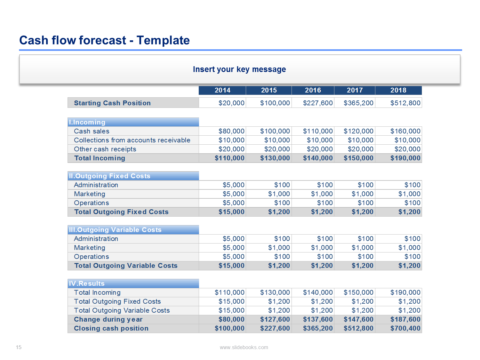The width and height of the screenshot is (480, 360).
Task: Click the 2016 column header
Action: (x=313, y=90)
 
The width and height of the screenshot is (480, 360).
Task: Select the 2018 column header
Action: (x=398, y=90)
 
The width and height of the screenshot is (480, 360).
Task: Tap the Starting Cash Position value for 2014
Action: (x=231, y=103)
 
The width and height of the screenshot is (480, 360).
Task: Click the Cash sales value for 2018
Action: (x=405, y=131)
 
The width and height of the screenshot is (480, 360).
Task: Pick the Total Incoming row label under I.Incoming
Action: (x=100, y=158)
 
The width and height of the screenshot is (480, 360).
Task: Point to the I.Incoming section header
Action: (x=87, y=122)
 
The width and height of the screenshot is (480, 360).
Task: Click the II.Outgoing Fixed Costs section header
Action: (x=109, y=176)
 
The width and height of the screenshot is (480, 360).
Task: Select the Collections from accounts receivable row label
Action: (x=132, y=140)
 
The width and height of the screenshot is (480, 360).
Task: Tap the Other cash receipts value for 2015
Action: (x=277, y=149)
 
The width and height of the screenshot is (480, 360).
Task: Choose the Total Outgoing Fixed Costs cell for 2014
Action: (x=231, y=212)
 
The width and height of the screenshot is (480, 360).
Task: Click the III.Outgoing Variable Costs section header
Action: (x=115, y=230)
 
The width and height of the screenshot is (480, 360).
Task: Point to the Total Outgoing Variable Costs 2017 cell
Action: (x=362, y=266)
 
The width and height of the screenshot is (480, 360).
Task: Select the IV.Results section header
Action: (x=87, y=284)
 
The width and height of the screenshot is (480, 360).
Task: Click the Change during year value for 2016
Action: (x=317, y=319)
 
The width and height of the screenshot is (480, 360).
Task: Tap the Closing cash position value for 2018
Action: (x=405, y=328)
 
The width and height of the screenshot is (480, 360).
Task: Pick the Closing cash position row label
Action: (x=111, y=328)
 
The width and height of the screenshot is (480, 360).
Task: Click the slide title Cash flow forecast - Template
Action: (x=104, y=40)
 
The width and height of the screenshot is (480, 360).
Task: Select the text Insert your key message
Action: (x=239, y=69)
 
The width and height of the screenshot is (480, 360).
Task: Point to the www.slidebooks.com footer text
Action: (x=244, y=348)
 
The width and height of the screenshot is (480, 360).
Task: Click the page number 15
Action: (x=19, y=348)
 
